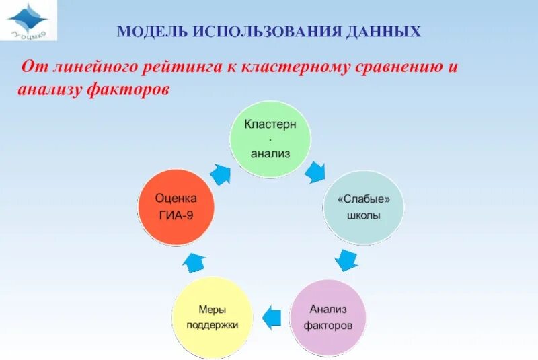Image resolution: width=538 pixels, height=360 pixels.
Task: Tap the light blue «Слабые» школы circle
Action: (364, 208)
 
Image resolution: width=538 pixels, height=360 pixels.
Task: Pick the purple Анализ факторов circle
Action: (328, 317)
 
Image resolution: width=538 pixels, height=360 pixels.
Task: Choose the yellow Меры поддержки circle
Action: (212, 317)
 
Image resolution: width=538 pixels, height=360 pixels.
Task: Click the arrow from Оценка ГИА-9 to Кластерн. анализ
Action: (220, 174)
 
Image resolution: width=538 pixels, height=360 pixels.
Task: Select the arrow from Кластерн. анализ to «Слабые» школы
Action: (314, 173)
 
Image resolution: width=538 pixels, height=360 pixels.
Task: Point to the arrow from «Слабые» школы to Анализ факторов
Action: (346, 260)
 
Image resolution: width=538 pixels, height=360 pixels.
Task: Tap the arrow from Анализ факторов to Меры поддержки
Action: (270, 316)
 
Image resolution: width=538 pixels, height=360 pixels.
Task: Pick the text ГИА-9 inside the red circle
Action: (176, 217)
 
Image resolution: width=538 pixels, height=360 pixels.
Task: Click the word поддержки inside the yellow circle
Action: (212, 324)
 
